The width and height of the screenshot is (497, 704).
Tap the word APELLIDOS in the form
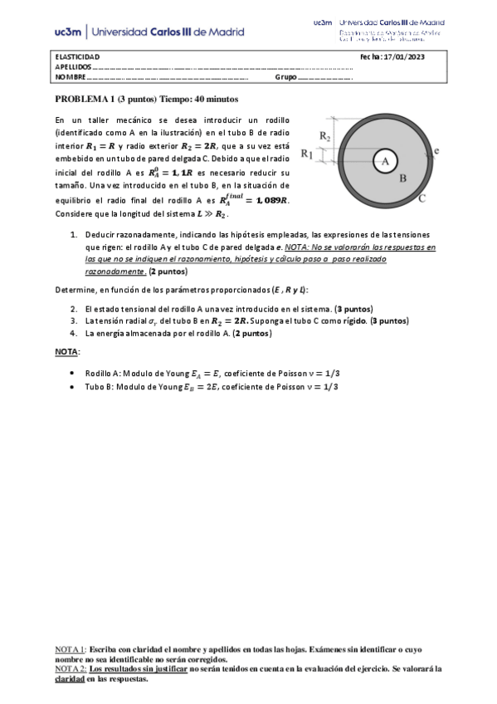[72, 66]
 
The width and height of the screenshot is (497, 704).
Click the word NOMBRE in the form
[71, 77]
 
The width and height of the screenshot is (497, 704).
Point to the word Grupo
[285, 77]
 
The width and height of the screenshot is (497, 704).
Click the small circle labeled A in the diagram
[384, 163]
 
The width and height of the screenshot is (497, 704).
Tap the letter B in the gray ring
[403, 178]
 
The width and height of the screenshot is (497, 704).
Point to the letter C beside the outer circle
[421, 198]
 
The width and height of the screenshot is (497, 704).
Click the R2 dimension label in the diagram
[326, 136]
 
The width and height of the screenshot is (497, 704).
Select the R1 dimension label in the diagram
[306, 154]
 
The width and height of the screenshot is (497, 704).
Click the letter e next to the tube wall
[436, 150]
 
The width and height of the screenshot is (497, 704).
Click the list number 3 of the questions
[74, 320]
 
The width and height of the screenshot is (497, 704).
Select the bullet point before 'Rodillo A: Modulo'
[75, 374]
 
